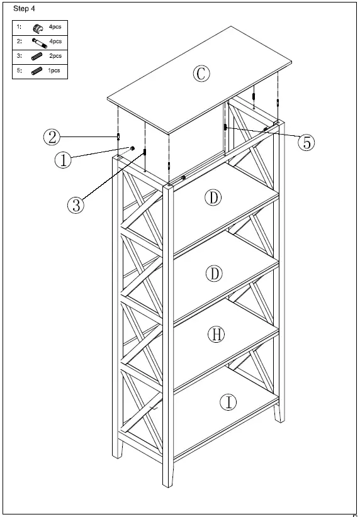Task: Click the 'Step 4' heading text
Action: click(x=24, y=8)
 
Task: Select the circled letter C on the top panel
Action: click(x=200, y=74)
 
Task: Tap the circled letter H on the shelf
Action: click(x=216, y=335)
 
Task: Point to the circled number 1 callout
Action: click(x=62, y=160)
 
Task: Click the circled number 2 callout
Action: click(x=52, y=136)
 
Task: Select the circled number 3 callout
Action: click(x=75, y=205)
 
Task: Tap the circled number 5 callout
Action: click(x=306, y=142)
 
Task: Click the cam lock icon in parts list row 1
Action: click(x=38, y=28)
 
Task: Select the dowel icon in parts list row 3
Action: click(x=37, y=57)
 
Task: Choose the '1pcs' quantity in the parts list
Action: click(x=54, y=70)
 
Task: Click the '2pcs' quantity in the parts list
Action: click(x=55, y=57)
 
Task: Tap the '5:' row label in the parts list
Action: click(x=20, y=70)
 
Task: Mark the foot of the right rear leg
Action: click(x=276, y=420)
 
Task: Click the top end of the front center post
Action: click(x=168, y=186)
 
